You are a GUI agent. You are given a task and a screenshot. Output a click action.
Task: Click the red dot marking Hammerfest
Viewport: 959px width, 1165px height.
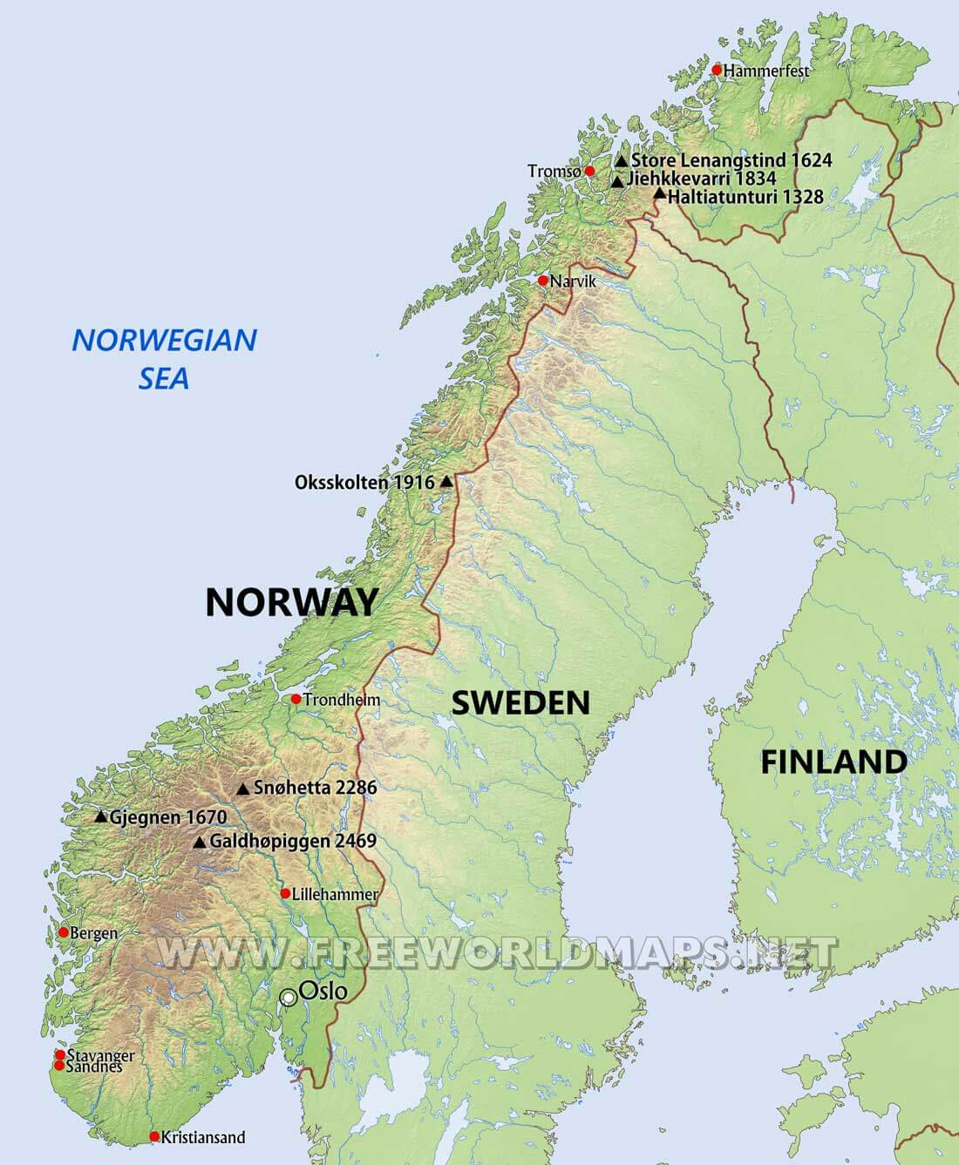tap(717, 70)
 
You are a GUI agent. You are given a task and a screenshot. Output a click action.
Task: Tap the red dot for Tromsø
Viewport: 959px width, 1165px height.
tap(589, 171)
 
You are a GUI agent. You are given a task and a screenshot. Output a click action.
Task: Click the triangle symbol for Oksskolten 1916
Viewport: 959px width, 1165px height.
tap(446, 481)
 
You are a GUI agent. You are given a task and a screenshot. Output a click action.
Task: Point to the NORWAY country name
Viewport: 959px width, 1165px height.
tap(291, 602)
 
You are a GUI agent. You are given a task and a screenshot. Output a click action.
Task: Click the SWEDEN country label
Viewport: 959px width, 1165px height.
tap(520, 701)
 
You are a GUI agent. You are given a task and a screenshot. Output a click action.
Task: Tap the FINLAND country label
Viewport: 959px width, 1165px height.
tap(833, 762)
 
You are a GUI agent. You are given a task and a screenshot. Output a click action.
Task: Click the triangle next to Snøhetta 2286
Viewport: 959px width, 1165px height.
tap(242, 789)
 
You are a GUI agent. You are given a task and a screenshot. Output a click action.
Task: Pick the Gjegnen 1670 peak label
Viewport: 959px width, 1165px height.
tap(167, 817)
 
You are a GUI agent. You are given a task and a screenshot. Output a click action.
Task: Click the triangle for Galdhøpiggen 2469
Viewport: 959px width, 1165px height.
tap(200, 842)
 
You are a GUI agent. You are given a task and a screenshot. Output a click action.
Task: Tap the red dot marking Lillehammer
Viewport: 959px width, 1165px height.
tap(285, 893)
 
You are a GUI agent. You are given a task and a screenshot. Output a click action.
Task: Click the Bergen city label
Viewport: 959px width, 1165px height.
tap(93, 933)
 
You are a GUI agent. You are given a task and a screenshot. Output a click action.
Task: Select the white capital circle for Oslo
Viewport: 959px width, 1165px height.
tap(288, 999)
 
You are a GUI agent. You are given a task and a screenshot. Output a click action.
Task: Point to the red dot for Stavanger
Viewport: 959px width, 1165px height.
tap(60, 1054)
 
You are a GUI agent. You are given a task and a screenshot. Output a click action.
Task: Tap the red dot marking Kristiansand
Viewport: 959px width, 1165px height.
tap(154, 1136)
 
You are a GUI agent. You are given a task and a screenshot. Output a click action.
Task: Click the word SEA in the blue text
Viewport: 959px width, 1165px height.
tap(164, 378)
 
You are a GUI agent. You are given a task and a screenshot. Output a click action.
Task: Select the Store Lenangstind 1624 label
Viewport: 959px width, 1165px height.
tap(731, 160)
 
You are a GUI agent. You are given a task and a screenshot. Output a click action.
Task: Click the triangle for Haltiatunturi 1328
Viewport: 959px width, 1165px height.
tap(659, 193)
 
